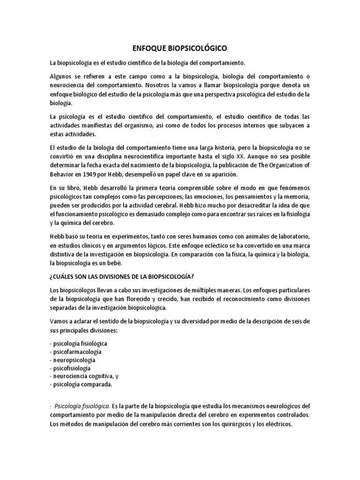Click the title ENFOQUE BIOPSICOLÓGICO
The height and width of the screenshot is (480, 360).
180,48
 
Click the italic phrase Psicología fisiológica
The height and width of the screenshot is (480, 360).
82,406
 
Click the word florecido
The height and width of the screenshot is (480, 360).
137,299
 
